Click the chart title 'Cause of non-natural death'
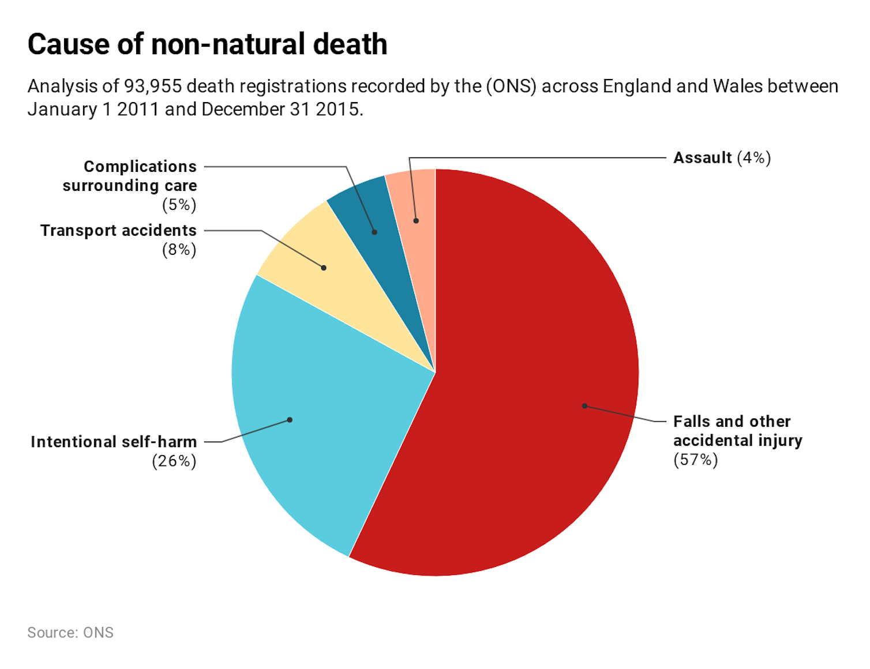(207, 44)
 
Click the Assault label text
(703, 158)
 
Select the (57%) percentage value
(696, 460)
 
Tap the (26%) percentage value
(174, 461)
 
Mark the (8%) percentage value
(179, 250)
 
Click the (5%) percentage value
(179, 205)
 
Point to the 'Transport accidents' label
(118, 231)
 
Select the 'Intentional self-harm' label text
(114, 442)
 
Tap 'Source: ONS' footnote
(70, 633)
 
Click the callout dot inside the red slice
(584, 406)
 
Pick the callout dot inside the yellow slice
(324, 268)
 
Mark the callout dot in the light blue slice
(290, 420)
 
